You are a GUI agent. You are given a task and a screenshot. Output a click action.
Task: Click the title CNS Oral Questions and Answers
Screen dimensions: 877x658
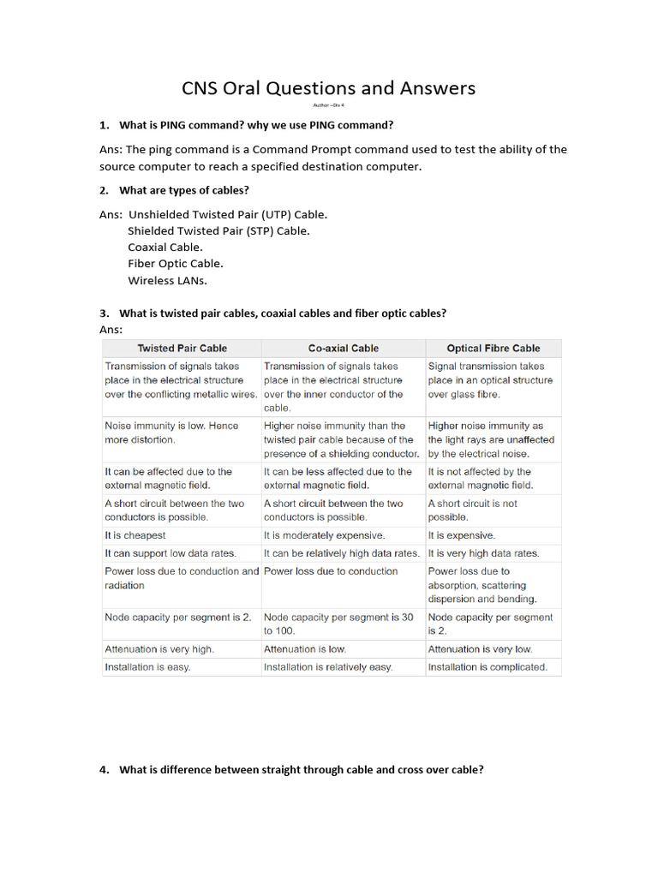[328, 88]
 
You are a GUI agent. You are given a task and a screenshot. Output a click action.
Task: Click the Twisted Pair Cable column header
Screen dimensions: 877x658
[182, 349]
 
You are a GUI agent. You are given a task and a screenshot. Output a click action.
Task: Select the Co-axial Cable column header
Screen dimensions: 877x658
[343, 349]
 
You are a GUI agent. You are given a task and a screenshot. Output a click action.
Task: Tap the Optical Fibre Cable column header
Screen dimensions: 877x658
[493, 349]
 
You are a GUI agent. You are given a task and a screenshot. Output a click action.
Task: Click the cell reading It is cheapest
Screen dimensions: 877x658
[135, 535]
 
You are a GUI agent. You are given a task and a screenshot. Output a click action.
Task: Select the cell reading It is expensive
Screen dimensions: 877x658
[460, 535]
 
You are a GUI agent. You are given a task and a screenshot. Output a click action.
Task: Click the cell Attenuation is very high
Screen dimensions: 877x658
[159, 649]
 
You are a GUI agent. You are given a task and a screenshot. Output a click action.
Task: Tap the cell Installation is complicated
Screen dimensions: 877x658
[488, 666]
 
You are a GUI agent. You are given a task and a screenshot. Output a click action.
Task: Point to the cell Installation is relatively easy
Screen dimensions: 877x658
[328, 666]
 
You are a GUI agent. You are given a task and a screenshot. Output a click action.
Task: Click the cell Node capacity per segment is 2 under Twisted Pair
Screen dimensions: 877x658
[178, 617]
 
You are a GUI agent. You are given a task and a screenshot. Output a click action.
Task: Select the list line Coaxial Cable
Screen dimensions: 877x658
[165, 248]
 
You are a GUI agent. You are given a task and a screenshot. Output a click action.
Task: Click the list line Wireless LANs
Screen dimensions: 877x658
[168, 280]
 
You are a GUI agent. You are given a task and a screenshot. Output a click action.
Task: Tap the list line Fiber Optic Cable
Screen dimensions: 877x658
[176, 264]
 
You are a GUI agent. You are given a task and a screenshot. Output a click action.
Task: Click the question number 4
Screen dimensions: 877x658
[104, 770]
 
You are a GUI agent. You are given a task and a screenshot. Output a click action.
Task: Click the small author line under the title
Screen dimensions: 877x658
[328, 104]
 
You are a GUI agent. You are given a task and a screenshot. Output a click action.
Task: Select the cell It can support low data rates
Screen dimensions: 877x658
[170, 553]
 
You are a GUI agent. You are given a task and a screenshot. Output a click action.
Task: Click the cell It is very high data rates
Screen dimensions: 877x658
[483, 553]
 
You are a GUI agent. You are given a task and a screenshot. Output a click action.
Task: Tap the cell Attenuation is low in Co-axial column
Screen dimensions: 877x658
[305, 649]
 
